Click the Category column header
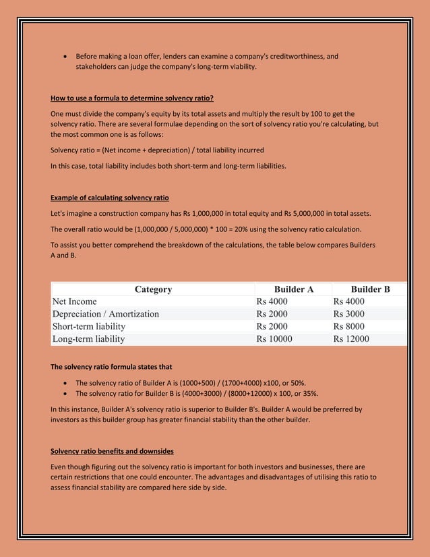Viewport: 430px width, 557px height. click(x=153, y=289)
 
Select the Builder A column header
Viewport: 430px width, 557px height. click(x=293, y=289)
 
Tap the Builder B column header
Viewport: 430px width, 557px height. click(x=370, y=289)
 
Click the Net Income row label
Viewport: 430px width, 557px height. click(x=75, y=301)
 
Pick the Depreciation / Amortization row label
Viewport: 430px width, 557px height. click(x=106, y=314)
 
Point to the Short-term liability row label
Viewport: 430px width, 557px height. click(x=89, y=326)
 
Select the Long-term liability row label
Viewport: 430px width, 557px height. click(x=88, y=339)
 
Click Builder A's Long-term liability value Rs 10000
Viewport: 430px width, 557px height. click(x=274, y=339)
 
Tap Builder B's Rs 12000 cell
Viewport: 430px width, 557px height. click(x=351, y=339)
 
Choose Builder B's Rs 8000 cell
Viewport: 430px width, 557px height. click(x=348, y=326)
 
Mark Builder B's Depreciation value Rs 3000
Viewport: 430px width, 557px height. click(x=348, y=314)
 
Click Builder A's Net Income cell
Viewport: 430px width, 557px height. click(x=272, y=301)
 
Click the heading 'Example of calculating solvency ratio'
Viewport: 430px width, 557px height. click(x=110, y=198)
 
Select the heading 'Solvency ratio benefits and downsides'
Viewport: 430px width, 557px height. click(x=111, y=450)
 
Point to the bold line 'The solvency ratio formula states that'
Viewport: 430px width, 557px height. click(x=111, y=367)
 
